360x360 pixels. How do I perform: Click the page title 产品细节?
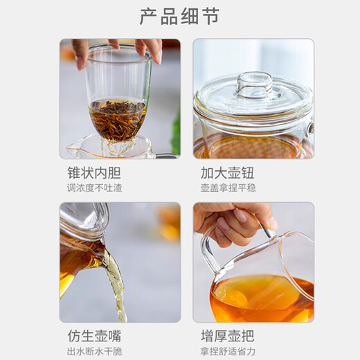coord(179,16)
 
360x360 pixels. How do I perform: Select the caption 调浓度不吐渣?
coord(94,188)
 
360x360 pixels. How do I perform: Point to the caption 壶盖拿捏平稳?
coord(229,188)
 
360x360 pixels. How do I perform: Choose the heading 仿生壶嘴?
coord(91,336)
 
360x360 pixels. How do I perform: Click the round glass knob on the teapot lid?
coord(253,84)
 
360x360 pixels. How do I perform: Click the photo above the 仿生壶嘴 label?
coord(120,262)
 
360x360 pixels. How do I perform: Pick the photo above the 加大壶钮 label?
coord(253,98)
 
